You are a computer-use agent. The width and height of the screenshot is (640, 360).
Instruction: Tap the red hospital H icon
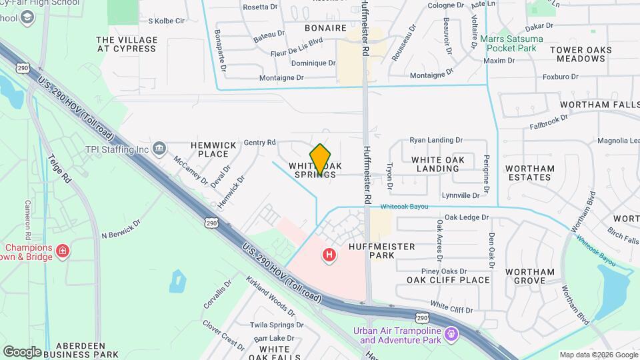pyautogui.click(x=329, y=255)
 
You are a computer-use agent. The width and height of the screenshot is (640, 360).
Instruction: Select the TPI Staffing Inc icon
pyautogui.click(x=159, y=147)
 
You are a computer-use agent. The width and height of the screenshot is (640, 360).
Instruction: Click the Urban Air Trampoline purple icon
pyautogui.click(x=451, y=332)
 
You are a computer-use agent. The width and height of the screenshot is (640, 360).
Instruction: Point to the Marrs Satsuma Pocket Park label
pyautogui.click(x=511, y=43)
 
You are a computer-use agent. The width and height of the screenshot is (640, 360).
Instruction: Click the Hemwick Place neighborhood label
pyautogui.click(x=209, y=149)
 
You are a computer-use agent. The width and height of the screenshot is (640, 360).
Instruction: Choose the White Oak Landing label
pyautogui.click(x=435, y=164)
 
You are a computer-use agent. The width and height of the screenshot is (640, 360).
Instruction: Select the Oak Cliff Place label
pyautogui.click(x=448, y=280)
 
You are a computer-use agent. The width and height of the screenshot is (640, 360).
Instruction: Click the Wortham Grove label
pyautogui.click(x=529, y=276)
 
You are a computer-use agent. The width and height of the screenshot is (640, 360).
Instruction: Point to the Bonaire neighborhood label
pyautogui.click(x=325, y=29)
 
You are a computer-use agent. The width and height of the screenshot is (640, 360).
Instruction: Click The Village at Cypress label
pyautogui.click(x=127, y=44)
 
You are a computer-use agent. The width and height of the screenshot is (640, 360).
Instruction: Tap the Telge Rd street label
pyautogui.click(x=58, y=169)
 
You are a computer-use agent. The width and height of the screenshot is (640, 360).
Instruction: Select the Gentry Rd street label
pyautogui.click(x=260, y=142)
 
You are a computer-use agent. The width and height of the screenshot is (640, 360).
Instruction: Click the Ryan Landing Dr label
pyautogui.click(x=436, y=140)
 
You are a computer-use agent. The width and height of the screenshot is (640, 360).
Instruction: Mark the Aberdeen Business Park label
pyautogui.click(x=87, y=350)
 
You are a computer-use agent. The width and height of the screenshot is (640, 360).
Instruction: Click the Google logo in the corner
pyautogui.click(x=22, y=351)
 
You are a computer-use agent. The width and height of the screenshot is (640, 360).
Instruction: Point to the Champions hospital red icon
pyautogui.click(x=63, y=251)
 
